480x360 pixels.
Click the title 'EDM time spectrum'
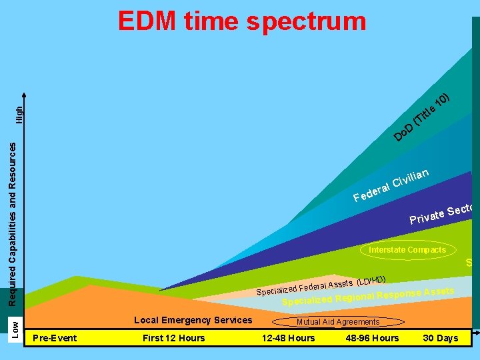click(x=242, y=21)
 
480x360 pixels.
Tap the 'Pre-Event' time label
click(x=55, y=338)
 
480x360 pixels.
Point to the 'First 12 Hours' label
click(x=173, y=338)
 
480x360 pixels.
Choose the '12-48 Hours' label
click(x=288, y=338)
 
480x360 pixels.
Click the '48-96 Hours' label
click(x=372, y=338)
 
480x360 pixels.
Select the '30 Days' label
click(x=441, y=338)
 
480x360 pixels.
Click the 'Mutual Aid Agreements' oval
click(x=338, y=322)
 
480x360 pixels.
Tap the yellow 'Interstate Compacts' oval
click(x=407, y=250)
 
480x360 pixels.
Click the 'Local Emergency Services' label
click(x=193, y=320)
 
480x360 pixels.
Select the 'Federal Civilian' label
click(x=391, y=185)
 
